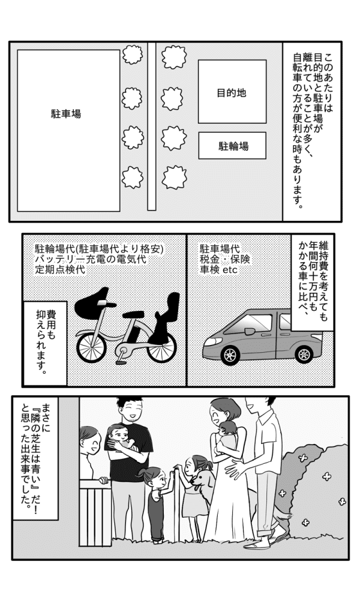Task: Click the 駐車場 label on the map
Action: pos(66,113)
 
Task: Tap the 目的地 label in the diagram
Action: pos(231,93)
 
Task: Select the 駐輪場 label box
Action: pos(232,145)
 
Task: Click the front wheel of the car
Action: pos(230,355)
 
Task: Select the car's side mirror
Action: pos(250,331)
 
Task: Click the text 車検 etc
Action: pos(218,269)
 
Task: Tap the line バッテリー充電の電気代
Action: pos(90,259)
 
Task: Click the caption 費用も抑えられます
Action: pos(45,343)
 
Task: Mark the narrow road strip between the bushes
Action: pos(152,126)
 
